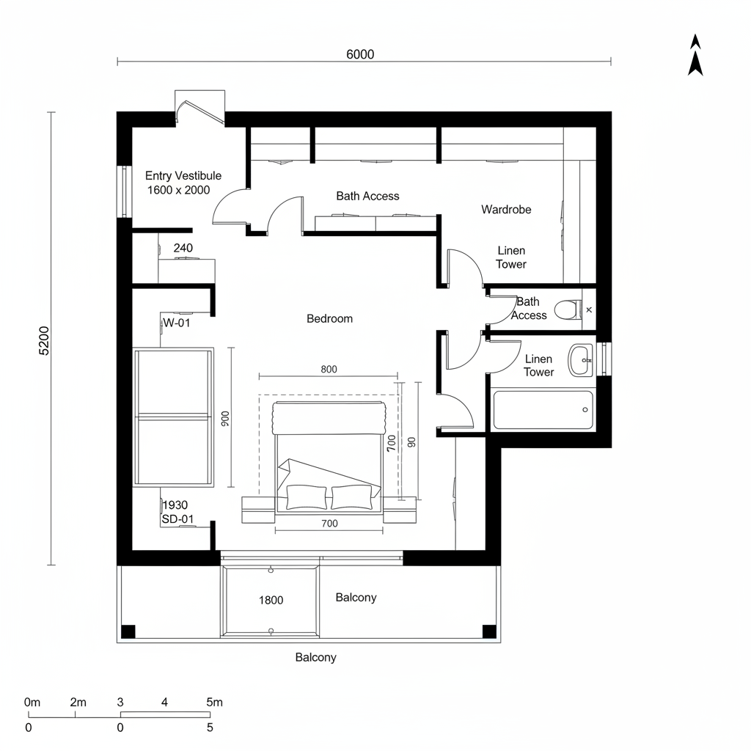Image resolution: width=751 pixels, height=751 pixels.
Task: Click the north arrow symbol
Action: pyautogui.click(x=695, y=56)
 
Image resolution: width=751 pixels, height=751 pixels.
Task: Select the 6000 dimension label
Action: pyautogui.click(x=359, y=54)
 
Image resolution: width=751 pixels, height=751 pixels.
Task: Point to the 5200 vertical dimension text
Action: pyautogui.click(x=44, y=340)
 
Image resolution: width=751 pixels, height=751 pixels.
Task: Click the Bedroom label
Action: pyautogui.click(x=329, y=318)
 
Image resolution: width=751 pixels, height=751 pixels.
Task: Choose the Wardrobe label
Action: pyautogui.click(x=506, y=209)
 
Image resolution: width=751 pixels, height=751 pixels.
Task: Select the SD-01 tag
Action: pyautogui.click(x=177, y=519)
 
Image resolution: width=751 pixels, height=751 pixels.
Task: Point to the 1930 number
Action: pyautogui.click(x=175, y=505)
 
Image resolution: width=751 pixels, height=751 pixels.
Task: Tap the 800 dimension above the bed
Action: pyautogui.click(x=329, y=369)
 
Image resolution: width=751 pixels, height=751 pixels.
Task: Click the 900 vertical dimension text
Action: pyautogui.click(x=225, y=418)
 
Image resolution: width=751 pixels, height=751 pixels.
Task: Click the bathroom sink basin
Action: pyautogui.click(x=581, y=359)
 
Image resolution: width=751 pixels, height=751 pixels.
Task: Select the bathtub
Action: pyautogui.click(x=543, y=411)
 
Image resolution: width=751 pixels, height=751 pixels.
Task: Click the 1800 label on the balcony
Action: pyautogui.click(x=271, y=600)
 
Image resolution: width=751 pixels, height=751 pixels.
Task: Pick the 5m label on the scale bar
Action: pyautogui.click(x=214, y=702)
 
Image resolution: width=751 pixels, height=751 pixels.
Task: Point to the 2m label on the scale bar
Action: pyautogui.click(x=78, y=702)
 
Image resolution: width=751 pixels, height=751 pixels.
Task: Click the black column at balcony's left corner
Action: pyautogui.click(x=128, y=631)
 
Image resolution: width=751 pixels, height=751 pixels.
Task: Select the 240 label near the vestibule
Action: pyautogui.click(x=183, y=248)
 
